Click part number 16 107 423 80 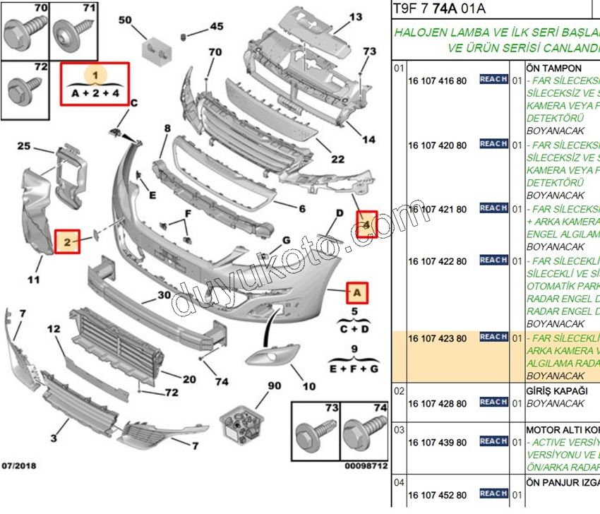[x=438, y=339]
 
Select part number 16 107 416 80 [x=438, y=80]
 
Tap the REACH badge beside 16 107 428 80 [x=493, y=402]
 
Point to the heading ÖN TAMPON [x=554, y=68]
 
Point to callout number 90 [x=275, y=386]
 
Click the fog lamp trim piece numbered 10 [x=270, y=356]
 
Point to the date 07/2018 [x=20, y=466]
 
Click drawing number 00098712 [x=366, y=467]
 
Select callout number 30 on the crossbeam [x=164, y=295]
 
